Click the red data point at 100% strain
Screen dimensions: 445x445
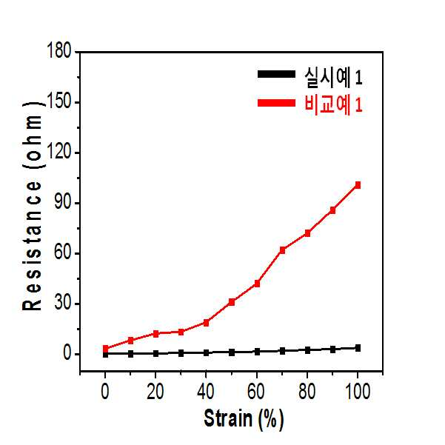[x=358, y=185]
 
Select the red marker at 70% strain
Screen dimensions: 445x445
[x=282, y=250]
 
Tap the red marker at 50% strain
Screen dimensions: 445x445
[x=232, y=302]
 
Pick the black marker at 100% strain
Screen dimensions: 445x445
[x=358, y=348]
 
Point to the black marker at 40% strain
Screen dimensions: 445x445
[x=206, y=352]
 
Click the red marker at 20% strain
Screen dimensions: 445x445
[x=155, y=334]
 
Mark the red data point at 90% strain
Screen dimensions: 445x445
[x=332, y=210]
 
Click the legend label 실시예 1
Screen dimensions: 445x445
[x=333, y=76]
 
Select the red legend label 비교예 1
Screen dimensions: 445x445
[x=333, y=104]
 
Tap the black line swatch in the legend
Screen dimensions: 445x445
[x=276, y=74]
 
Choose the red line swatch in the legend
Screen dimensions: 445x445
[x=276, y=103]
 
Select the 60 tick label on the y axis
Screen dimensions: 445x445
[x=63, y=252]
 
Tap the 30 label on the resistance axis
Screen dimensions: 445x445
[x=63, y=302]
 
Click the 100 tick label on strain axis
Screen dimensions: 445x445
[x=358, y=392]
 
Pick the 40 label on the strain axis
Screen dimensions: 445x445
[x=206, y=392]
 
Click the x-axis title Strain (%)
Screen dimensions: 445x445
[x=244, y=419]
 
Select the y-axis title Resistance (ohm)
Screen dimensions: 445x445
[x=33, y=206]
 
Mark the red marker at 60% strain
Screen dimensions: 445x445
[x=257, y=284]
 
